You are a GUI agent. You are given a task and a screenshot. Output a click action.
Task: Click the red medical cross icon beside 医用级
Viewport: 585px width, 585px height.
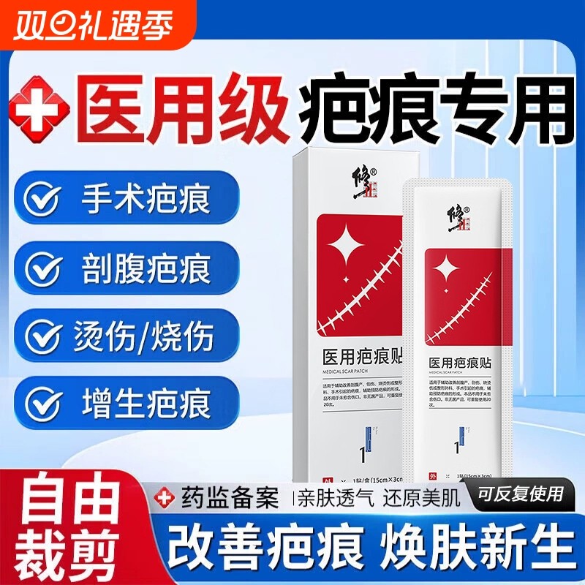40,112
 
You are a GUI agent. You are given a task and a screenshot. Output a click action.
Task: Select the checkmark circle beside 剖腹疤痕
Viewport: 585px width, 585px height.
42,268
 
